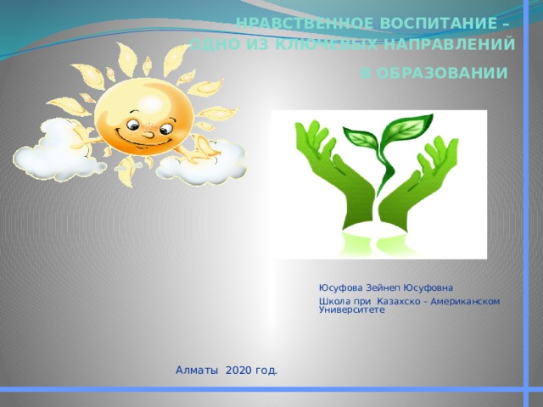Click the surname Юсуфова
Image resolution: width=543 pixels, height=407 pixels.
(342, 287)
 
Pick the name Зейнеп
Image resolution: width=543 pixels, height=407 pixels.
(386, 287)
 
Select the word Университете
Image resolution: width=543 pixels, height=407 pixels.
(351, 310)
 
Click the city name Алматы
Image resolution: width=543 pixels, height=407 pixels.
(197, 371)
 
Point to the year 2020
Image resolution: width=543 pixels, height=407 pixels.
(239, 371)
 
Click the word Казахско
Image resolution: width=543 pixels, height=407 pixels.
(389, 302)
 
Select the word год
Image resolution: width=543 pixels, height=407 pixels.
(265, 371)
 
